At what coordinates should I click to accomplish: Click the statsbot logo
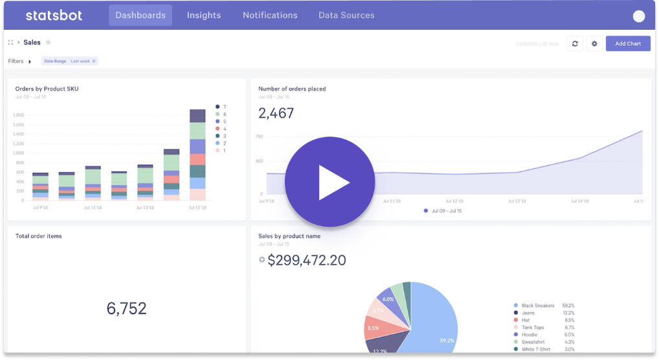(x=54, y=15)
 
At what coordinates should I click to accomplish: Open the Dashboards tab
(x=140, y=15)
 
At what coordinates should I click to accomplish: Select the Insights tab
(x=204, y=15)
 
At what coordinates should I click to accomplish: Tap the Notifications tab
(x=270, y=15)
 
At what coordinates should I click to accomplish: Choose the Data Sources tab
(x=346, y=15)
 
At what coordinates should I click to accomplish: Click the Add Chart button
(x=628, y=43)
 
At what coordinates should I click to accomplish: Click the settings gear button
(x=594, y=43)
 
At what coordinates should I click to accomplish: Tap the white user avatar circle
(x=639, y=17)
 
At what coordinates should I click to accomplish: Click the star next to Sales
(x=48, y=42)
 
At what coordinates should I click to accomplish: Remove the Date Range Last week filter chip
(x=94, y=61)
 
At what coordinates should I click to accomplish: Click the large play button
(x=330, y=182)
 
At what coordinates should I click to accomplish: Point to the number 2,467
(x=276, y=113)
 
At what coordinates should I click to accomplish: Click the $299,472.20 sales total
(x=306, y=260)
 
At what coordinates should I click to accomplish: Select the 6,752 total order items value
(x=127, y=308)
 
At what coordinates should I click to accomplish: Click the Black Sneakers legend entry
(x=537, y=306)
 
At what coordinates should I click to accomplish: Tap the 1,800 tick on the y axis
(x=18, y=115)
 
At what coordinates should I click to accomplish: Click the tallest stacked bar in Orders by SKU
(x=197, y=155)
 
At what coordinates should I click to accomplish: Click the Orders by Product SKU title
(x=47, y=89)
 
